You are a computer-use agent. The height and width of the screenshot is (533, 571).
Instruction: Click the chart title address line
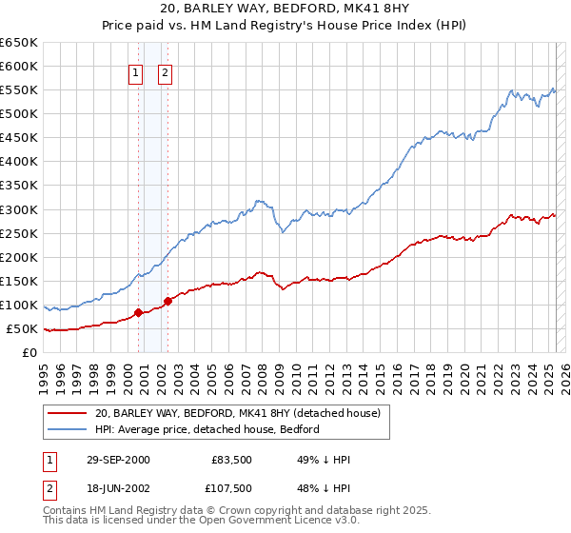[x=285, y=10]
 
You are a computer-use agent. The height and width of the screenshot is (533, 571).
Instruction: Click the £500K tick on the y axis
[x=19, y=114]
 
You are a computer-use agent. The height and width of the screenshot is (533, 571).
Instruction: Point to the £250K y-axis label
[x=19, y=233]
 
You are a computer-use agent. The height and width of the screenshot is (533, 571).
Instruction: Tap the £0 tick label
[x=29, y=353]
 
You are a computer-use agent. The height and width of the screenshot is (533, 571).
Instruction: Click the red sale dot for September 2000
[x=139, y=312]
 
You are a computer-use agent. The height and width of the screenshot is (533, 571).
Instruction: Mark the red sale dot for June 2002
[x=167, y=301]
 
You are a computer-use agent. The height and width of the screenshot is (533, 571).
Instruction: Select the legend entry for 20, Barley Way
[x=237, y=414]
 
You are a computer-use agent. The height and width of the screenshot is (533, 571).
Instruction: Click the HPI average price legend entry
[x=207, y=429]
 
